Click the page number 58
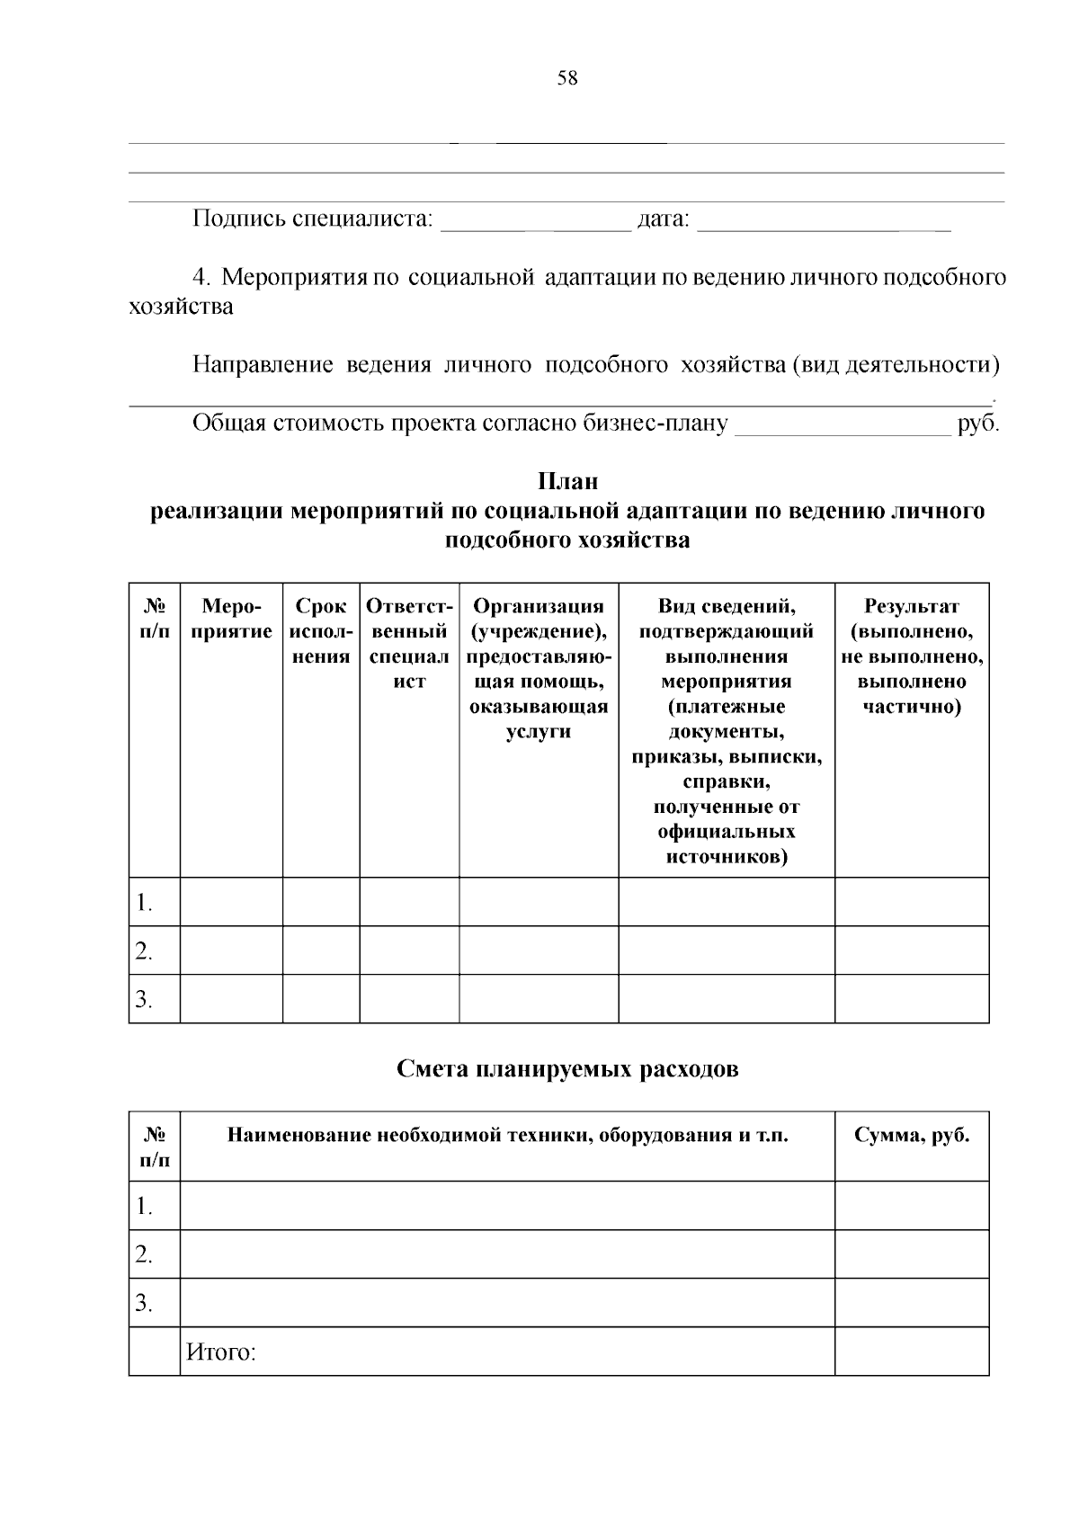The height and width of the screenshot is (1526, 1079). point(567,78)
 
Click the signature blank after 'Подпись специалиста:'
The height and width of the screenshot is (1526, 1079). point(536,222)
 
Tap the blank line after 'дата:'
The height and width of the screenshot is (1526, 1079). point(824,222)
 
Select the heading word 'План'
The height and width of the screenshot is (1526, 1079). point(567,482)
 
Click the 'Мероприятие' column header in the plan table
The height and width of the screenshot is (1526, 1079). point(231,619)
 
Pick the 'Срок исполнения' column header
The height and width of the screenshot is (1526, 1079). point(321,631)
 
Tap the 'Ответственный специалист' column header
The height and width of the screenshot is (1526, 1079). point(409,644)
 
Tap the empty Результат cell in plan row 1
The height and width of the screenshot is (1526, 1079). point(912,902)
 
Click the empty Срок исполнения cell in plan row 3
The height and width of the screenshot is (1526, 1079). point(321,999)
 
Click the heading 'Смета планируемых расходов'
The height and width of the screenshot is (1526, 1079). point(567,1069)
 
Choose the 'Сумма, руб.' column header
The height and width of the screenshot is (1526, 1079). point(912,1135)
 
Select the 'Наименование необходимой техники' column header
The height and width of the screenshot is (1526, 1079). point(507,1135)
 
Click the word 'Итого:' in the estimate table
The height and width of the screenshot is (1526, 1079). point(221,1352)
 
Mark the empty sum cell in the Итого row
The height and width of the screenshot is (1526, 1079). point(912,1352)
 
